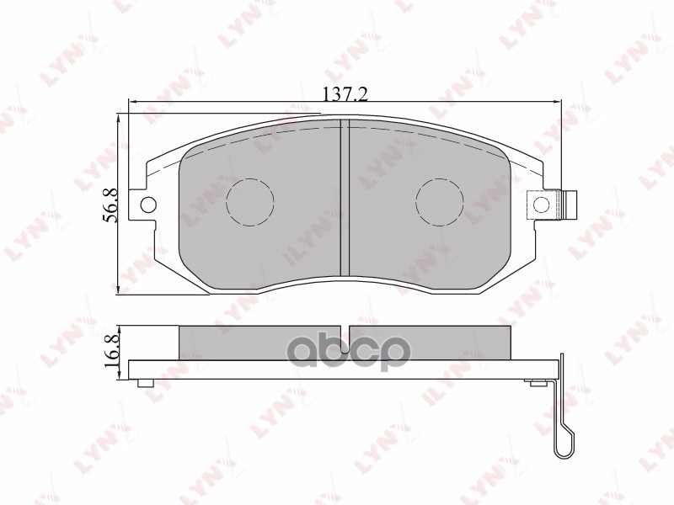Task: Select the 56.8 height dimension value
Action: coord(110,205)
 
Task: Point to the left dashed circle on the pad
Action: coord(251,202)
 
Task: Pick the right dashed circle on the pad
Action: coord(441,202)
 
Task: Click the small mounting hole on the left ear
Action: coord(148,204)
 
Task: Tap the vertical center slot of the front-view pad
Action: coord(344,198)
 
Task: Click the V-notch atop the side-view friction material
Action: coord(347,328)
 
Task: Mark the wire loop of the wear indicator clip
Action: coord(563,442)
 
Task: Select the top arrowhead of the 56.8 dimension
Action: coord(120,119)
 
